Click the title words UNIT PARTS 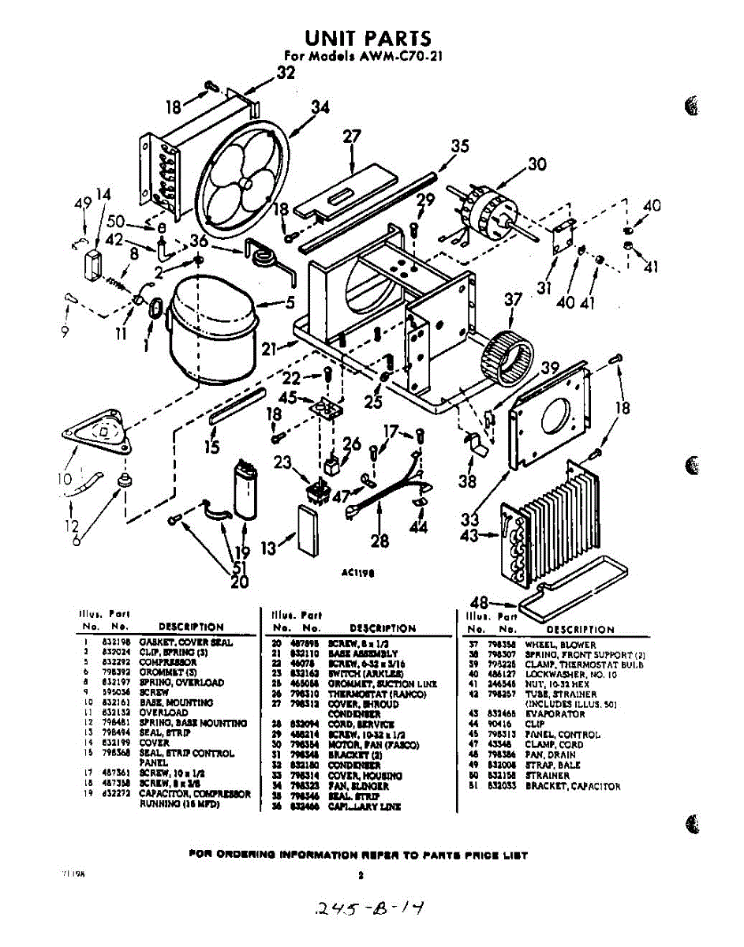click(368, 39)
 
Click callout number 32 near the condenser click(286, 73)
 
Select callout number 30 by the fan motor click(537, 164)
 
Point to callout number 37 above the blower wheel click(514, 300)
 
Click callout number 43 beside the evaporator click(469, 535)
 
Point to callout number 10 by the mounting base click(63, 478)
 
